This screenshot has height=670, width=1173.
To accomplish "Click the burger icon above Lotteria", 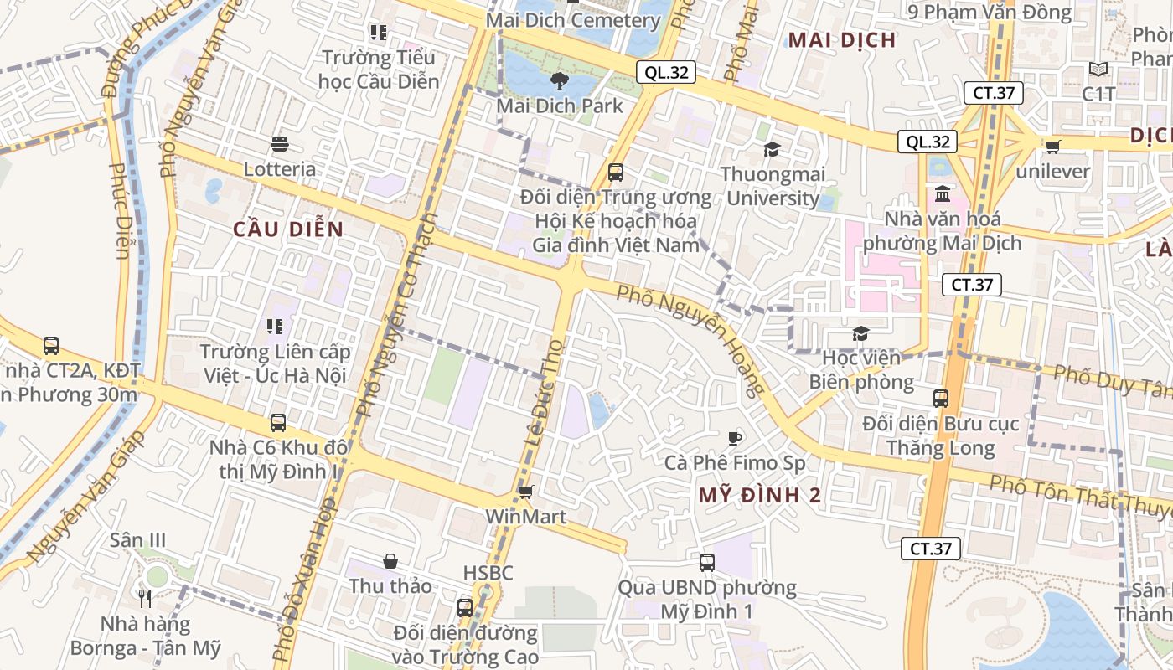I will tap(280, 144).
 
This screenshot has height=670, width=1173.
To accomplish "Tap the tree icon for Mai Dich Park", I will tap(559, 81).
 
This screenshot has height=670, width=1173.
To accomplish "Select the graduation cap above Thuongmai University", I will tap(772, 149).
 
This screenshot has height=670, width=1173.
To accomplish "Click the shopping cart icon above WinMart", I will tap(526, 492).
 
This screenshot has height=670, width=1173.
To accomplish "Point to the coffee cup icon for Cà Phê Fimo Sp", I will tap(735, 437).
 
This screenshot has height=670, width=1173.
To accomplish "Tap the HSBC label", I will tap(488, 574).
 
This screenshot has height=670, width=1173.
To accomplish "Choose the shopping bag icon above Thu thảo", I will tap(390, 560).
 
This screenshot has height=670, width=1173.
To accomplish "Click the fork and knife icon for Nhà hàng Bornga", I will tap(145, 598).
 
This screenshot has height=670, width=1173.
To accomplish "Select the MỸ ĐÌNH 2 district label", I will tap(760, 495).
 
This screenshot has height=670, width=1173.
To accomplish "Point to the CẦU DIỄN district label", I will tap(288, 229).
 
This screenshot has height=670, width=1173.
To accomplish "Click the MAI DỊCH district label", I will tap(842, 40).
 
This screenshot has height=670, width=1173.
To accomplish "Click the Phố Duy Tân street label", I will tap(1111, 381).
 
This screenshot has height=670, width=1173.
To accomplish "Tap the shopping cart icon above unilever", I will tap(1053, 147).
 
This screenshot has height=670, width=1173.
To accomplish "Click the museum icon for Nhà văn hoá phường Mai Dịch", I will tap(943, 194).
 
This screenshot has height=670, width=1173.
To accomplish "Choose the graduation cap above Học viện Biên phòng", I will tap(860, 333).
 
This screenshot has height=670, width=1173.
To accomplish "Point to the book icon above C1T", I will tap(1098, 69).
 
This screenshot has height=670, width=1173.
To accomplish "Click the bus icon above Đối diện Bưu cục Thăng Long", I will tap(941, 399).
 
